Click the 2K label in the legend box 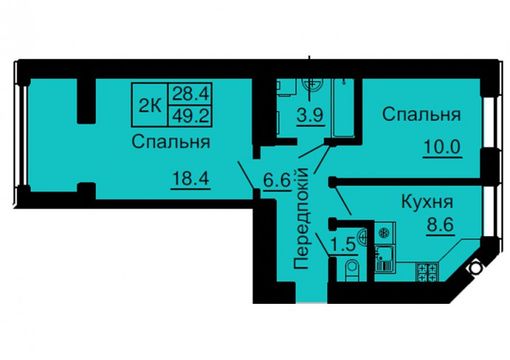coord(150,105)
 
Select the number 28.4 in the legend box coord(190,94)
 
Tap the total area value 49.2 coord(190,115)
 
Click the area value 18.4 coord(190,179)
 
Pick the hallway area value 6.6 coord(277,181)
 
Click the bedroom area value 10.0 coord(442,147)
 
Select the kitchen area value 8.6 coord(440,224)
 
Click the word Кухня coord(427,202)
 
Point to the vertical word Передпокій coord(302,217)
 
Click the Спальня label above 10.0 coord(421,114)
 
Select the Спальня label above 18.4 coord(171,142)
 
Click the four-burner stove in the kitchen coord(427,272)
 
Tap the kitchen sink coord(384,258)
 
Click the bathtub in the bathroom coord(343,108)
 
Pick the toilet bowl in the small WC coord(352,269)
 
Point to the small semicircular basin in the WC coord(362,237)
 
